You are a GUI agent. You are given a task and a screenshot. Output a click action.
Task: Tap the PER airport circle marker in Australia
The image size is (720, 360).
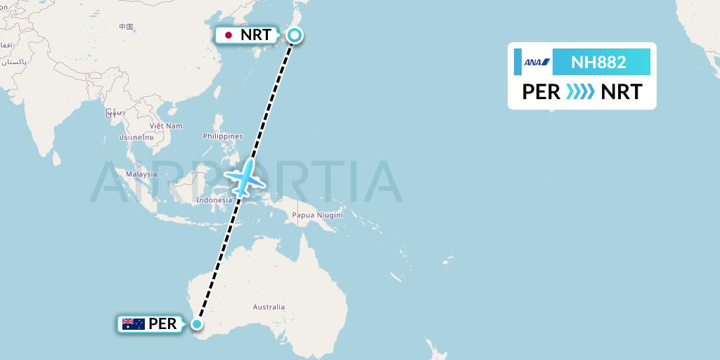point(198,324)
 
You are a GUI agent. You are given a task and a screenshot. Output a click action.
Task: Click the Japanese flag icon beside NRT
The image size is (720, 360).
point(228,35)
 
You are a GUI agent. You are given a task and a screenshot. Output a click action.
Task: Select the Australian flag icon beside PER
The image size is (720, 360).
point(133,324)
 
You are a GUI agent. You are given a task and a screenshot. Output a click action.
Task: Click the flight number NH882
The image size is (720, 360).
point(598,62)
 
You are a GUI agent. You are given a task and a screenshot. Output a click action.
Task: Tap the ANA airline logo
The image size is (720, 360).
point(536,62)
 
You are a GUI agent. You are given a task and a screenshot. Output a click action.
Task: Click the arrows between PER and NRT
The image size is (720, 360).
point(580,92)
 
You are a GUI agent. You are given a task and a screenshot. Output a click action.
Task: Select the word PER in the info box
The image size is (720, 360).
point(541,92)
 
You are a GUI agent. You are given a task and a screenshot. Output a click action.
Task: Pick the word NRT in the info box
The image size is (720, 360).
point(621,92)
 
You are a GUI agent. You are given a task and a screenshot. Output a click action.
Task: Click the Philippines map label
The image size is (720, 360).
point(222,136)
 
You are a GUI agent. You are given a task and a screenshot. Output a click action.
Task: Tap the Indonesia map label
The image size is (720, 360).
point(214,200)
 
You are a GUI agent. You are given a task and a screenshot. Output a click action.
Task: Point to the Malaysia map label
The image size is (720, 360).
point(141,174)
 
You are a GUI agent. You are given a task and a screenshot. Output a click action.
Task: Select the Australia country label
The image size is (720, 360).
point(269,307)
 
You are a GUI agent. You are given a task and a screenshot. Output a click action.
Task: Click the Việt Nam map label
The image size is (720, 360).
point(165,126)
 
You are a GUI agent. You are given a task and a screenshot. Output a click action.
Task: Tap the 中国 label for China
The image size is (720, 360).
point(126,27)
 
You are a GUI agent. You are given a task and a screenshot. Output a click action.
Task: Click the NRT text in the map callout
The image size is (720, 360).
point(255,35)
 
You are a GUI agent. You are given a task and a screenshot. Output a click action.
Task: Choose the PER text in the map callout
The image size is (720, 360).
point(162,324)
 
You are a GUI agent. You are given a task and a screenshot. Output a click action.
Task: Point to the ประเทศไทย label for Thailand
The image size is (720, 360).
point(136,138)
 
